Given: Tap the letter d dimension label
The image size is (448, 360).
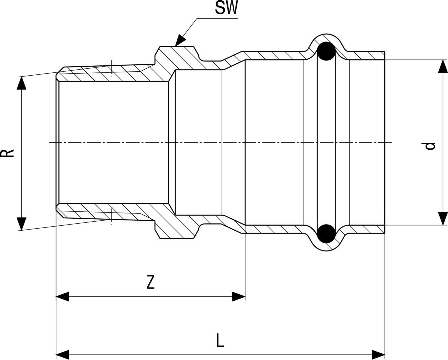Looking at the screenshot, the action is tap(430, 146).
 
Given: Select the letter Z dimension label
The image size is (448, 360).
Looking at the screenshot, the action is tap(151, 282).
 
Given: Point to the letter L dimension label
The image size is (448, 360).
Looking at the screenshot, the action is tap(220, 340).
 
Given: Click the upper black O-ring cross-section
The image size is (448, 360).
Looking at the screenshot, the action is tap(326, 51).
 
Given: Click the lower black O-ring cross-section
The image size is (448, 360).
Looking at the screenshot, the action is tap(326, 234).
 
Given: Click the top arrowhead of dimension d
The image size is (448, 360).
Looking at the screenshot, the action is tap(443, 66).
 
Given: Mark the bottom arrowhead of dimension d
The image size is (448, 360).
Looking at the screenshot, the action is tap(443, 219).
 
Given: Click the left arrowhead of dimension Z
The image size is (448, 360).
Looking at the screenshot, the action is tap(62, 297).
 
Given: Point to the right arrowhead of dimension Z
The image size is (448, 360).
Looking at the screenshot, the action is tap(239, 297).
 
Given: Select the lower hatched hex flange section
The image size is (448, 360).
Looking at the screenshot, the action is tap(177, 227).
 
